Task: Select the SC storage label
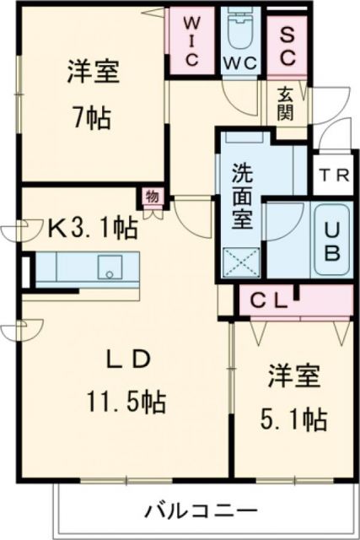pyautogui.click(x=287, y=45)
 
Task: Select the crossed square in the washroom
pyautogui.click(x=239, y=264)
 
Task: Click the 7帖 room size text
pyautogui.click(x=90, y=117)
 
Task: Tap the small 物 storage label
pyautogui.click(x=151, y=196)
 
